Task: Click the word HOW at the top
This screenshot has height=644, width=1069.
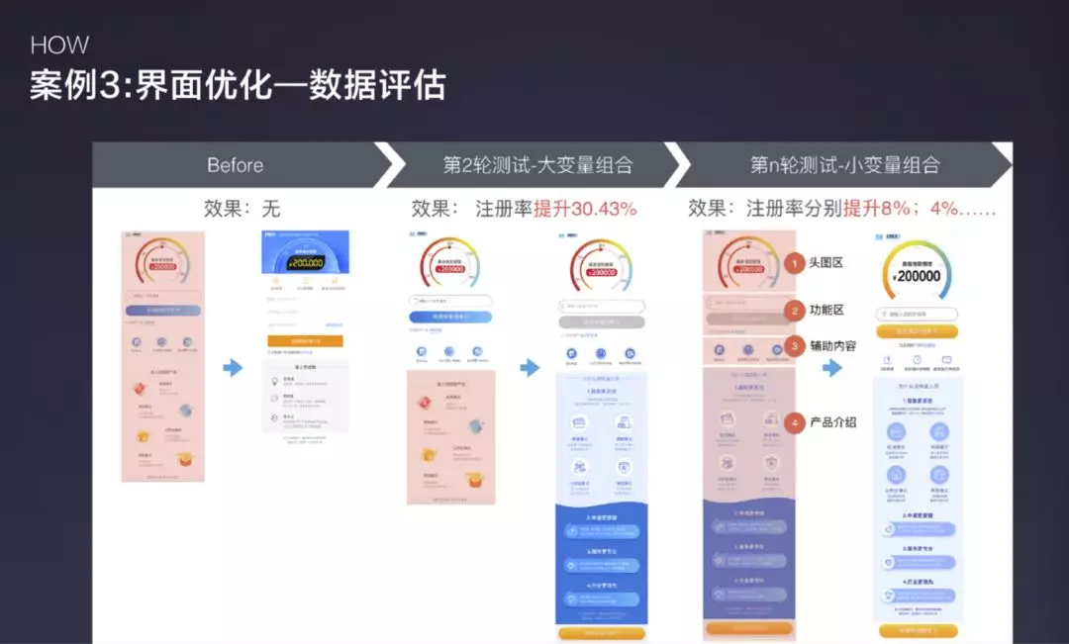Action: pyautogui.click(x=59, y=46)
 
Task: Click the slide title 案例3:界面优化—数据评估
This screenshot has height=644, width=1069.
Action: pyautogui.click(x=238, y=85)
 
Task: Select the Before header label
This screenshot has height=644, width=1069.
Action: pyautogui.click(x=235, y=165)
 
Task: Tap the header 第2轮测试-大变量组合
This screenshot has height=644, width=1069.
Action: pyautogui.click(x=537, y=165)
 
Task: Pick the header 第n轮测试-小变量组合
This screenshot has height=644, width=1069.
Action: pyautogui.click(x=844, y=165)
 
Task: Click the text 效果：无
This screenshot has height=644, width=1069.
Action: pyautogui.click(x=242, y=209)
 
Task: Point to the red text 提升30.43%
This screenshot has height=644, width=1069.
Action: pyautogui.click(x=585, y=209)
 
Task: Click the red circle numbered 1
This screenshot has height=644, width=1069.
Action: pyautogui.click(x=795, y=264)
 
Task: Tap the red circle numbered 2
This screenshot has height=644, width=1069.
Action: pyautogui.click(x=795, y=311)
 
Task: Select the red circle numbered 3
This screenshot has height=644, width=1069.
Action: pyautogui.click(x=795, y=346)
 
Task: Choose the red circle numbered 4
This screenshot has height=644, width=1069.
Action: pyautogui.click(x=795, y=422)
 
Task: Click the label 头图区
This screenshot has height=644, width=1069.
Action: pyautogui.click(x=826, y=264)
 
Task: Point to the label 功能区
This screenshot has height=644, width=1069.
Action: pyautogui.click(x=826, y=311)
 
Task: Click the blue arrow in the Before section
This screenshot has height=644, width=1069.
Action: pyautogui.click(x=233, y=368)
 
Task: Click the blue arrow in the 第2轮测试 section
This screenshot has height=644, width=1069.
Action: pyautogui.click(x=531, y=368)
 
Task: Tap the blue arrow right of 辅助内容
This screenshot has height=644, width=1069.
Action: pyautogui.click(x=832, y=368)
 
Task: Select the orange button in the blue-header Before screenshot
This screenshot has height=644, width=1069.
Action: pyautogui.click(x=305, y=340)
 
